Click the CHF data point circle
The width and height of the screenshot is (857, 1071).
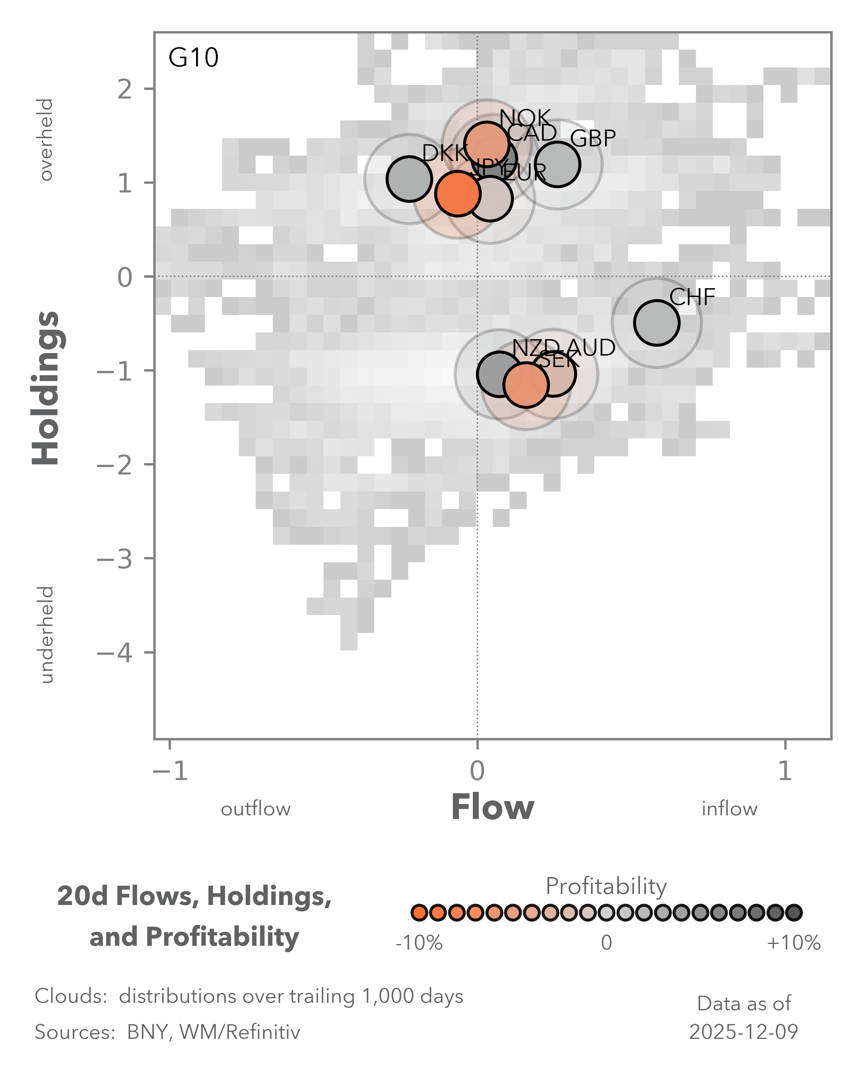pyautogui.click(x=656, y=323)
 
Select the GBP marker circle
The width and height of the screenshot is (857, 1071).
pyautogui.click(x=557, y=165)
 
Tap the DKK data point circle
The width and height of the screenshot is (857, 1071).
pyautogui.click(x=409, y=179)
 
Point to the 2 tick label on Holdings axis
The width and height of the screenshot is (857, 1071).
pyautogui.click(x=125, y=89)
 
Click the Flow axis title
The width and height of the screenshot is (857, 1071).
pyautogui.click(x=492, y=808)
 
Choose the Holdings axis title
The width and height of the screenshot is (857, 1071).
pyautogui.click(x=46, y=387)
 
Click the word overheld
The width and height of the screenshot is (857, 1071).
pyautogui.click(x=46, y=140)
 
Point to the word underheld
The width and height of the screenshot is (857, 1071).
pyautogui.click(x=46, y=634)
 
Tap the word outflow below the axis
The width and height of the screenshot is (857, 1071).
pyautogui.click(x=255, y=809)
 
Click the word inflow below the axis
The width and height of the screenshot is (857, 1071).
pyautogui.click(x=729, y=809)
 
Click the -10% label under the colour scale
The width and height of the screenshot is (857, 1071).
pyautogui.click(x=419, y=942)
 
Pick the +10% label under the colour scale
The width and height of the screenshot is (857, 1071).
pyautogui.click(x=793, y=942)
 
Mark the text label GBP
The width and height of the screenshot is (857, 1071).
pyautogui.click(x=593, y=139)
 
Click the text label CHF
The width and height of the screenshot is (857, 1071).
pyautogui.click(x=692, y=297)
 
